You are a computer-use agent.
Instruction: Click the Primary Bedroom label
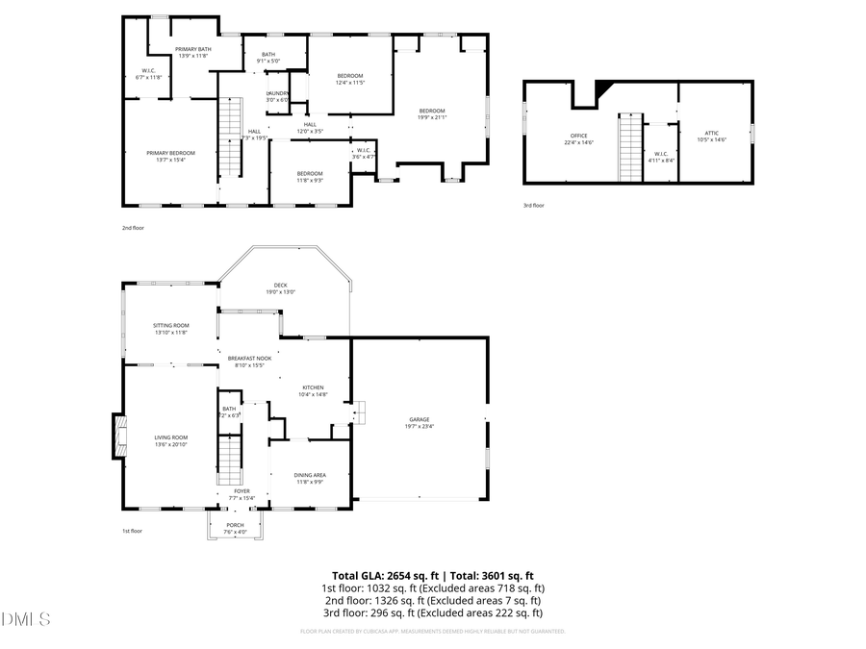tap(170, 153)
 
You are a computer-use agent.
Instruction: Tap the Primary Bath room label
tap(192, 49)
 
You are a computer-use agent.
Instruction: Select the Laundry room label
tap(277, 93)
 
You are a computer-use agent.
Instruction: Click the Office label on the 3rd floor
tap(578, 136)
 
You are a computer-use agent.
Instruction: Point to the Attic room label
tap(711, 133)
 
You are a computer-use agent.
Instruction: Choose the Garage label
tap(419, 419)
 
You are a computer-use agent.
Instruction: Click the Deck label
tap(280, 285)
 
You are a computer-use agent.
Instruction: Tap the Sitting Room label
tap(170, 326)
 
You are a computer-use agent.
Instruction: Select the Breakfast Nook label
tap(249, 358)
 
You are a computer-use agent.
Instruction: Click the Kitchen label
tap(313, 387)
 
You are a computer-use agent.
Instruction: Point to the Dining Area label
tap(309, 475)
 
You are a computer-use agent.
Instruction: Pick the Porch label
tap(235, 525)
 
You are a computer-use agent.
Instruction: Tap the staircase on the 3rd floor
tap(629, 146)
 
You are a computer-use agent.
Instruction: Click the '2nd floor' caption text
tap(132, 229)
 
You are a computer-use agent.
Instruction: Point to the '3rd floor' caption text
tap(534, 205)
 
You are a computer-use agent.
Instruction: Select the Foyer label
tap(243, 491)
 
